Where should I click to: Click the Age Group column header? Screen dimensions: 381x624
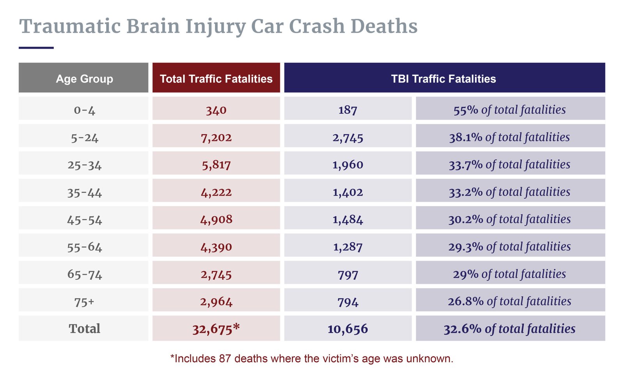[84, 79]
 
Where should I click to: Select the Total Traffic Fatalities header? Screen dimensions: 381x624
[216, 79]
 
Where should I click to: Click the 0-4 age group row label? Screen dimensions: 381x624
[84, 110]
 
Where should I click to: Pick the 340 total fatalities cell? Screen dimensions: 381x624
[216, 110]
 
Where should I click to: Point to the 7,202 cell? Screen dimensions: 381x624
[216, 138]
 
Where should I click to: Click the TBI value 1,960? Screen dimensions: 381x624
[347, 165]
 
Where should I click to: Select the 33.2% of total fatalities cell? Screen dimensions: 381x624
[509, 192]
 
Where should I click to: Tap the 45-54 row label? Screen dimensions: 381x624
[84, 220]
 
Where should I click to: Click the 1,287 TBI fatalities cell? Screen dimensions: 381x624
[347, 247]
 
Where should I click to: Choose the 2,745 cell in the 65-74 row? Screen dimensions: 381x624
[216, 274]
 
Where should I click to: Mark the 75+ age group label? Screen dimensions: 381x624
[84, 302]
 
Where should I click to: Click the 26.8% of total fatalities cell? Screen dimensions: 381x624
[509, 301]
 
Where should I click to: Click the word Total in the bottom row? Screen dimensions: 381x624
[84, 329]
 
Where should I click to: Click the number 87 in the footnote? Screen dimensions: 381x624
[225, 358]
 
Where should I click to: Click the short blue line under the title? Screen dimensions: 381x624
[36, 48]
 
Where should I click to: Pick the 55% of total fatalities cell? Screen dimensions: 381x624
[509, 110]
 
